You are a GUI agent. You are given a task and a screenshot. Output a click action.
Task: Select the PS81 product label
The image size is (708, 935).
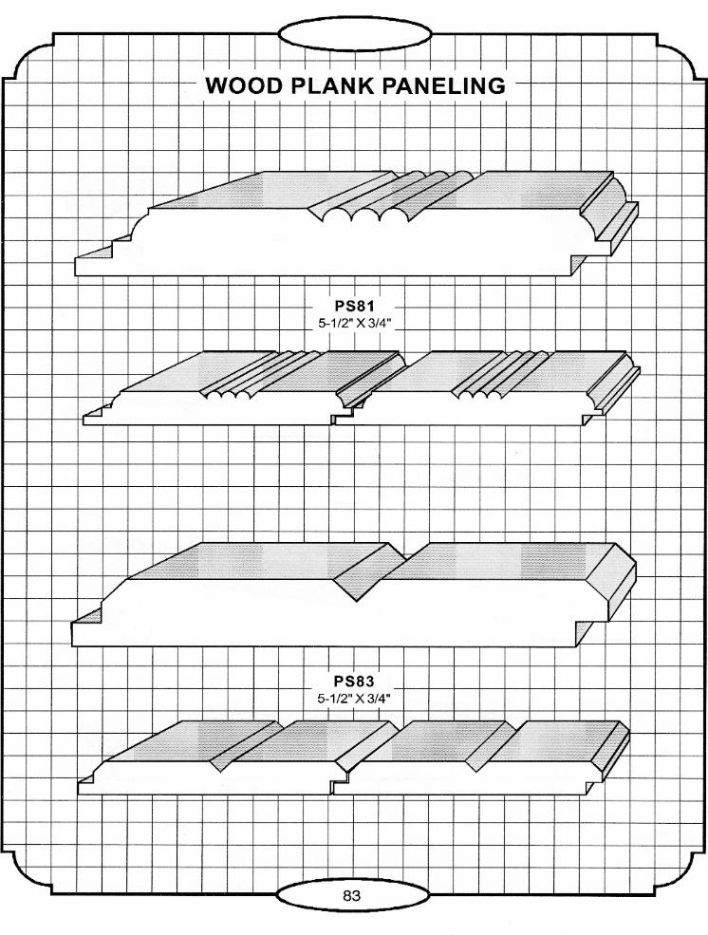354,306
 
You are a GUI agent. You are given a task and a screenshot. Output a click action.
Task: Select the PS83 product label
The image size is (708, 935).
354,681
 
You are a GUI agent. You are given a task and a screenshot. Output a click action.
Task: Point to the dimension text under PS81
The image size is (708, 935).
354,323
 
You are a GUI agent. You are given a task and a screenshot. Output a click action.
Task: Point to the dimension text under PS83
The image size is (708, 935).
354,699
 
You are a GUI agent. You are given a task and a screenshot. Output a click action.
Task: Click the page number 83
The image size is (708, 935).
351,895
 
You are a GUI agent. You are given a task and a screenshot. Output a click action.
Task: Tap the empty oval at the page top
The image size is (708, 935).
354,35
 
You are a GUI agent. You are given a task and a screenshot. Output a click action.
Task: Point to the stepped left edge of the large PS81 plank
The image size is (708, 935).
113,245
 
